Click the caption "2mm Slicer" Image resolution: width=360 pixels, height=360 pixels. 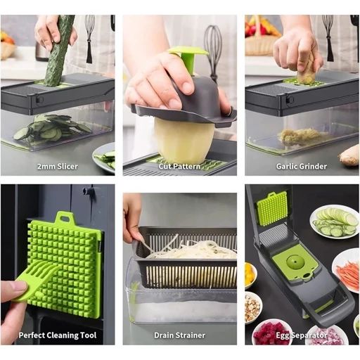[58, 167]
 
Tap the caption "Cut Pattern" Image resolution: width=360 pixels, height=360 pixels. [179, 167]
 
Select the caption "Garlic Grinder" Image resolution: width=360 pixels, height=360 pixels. [302, 167]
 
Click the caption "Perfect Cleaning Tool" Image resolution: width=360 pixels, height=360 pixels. [58, 335]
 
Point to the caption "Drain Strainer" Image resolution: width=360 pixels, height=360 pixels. [179, 335]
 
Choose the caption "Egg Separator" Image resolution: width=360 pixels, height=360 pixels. [302, 335]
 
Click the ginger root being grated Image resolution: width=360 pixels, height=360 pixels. [305, 70]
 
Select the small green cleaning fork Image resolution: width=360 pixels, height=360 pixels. [35, 280]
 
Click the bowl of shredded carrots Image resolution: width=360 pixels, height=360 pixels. [347, 272]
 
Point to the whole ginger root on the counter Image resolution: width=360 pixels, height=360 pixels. [349, 156]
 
